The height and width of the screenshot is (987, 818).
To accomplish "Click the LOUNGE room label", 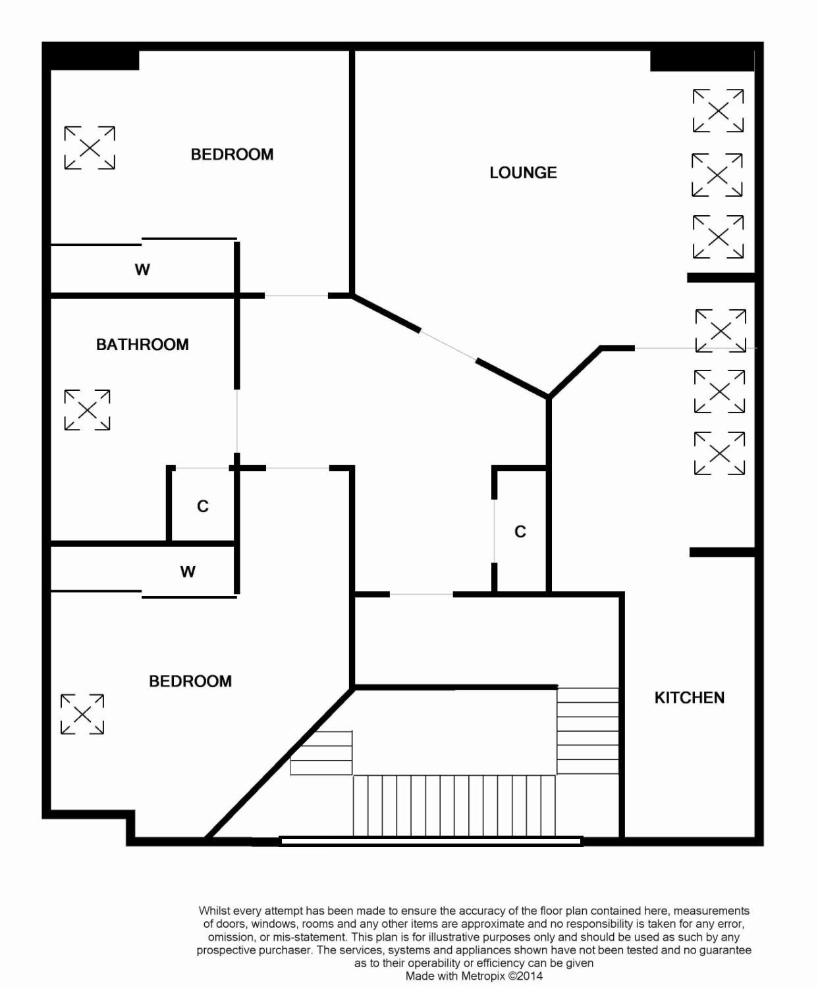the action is tap(523, 173).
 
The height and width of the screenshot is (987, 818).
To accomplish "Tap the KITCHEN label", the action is tap(690, 697).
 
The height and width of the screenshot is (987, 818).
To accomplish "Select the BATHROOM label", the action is tap(142, 345).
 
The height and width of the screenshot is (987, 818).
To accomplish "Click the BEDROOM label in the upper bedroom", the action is tap(232, 155).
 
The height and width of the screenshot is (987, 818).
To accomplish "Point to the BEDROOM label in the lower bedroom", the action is tap(190, 681).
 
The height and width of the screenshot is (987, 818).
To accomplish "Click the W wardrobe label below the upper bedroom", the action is tap(142, 270).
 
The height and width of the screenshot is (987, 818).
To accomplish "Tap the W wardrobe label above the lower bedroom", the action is tap(188, 572).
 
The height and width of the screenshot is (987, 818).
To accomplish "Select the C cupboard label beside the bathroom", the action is tap(202, 506).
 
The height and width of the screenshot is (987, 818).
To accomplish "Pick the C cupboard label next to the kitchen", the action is tap(520, 532).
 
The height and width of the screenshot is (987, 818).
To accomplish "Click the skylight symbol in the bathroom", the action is tap(87, 410).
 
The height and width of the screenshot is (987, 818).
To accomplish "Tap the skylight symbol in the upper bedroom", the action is tap(90, 147).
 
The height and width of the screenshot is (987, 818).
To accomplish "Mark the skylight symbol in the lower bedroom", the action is tap(82, 714).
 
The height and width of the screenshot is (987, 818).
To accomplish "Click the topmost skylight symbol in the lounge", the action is tap(718, 111).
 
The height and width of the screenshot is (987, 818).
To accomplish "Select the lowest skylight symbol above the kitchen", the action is tap(720, 453).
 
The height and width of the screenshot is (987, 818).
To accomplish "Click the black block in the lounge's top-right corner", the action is tap(702, 61).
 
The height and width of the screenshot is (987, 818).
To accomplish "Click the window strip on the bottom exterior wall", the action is tap(431, 840).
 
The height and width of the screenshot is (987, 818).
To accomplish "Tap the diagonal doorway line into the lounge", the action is tap(448, 345).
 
